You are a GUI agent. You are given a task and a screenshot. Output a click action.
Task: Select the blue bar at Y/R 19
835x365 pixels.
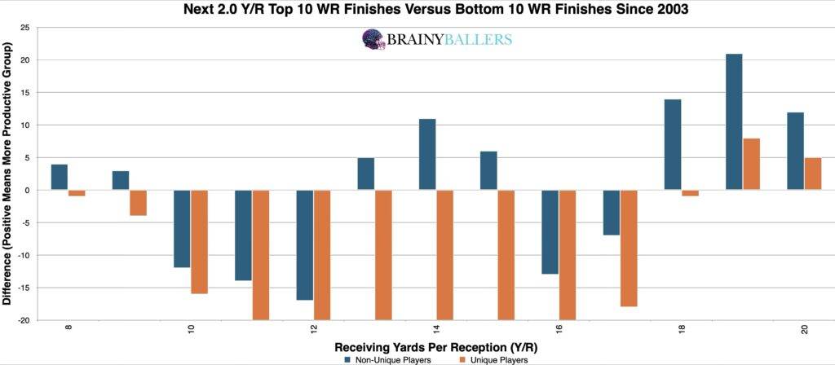[734, 122]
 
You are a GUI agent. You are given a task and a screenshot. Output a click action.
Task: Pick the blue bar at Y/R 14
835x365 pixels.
[427, 155]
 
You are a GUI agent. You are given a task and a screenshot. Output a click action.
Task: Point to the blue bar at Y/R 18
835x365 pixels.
[673, 145]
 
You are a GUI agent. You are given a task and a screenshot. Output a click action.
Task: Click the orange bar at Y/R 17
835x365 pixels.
[629, 248]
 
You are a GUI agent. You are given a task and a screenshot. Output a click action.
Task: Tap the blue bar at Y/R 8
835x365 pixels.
[59, 178]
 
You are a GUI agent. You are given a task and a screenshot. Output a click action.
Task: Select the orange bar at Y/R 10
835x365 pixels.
[200, 242]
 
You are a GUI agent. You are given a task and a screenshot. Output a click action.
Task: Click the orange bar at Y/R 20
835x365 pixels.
[813, 174]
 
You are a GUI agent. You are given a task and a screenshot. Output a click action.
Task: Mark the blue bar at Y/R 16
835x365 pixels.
[550, 232]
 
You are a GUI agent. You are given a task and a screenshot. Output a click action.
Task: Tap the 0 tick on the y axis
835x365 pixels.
[27, 191]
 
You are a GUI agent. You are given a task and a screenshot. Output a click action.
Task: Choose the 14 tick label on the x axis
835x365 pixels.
[437, 330]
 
